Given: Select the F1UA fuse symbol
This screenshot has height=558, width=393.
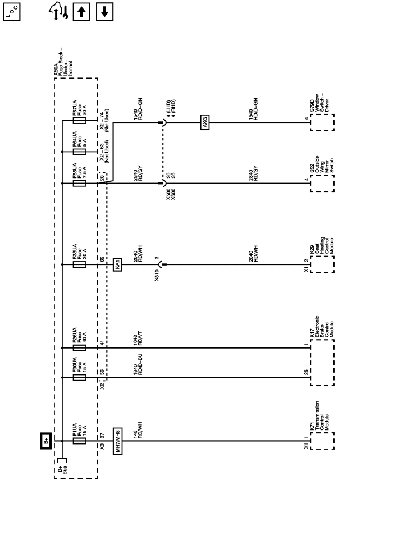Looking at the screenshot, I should pyautogui.click(x=79, y=441).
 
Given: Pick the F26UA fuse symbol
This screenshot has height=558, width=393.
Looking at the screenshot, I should pyautogui.click(x=79, y=348).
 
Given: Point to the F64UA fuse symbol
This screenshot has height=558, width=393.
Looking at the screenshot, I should pyautogui.click(x=79, y=151).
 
